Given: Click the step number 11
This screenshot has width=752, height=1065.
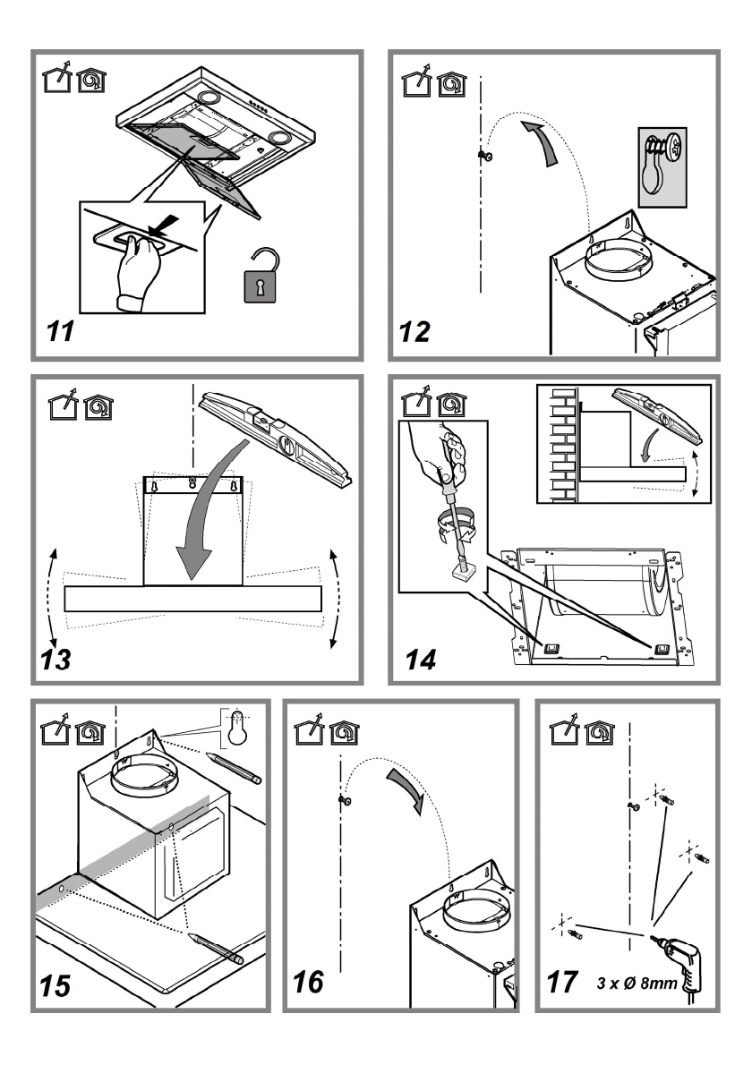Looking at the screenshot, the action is tap(60, 331).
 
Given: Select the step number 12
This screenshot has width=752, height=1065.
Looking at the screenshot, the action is tap(414, 331).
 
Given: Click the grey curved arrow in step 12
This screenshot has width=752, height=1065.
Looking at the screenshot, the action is tap(543, 141).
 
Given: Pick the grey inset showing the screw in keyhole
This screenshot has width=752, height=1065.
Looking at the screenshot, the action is tap(662, 167).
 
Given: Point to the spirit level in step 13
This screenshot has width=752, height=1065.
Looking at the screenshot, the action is tap(275, 439).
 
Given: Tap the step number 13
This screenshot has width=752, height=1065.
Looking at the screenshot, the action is tap(56, 659).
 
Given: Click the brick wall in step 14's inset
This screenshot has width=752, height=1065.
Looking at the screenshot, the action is tap(563, 444).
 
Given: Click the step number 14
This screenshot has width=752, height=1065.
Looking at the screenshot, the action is tap(421, 659).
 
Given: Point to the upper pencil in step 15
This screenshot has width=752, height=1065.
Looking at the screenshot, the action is tap(233, 768).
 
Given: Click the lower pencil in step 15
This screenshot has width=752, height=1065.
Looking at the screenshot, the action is tap(216, 948).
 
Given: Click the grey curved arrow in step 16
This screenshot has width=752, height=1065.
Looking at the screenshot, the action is tap(406, 790).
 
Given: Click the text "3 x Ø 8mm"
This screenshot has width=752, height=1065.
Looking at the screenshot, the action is tap(637, 982).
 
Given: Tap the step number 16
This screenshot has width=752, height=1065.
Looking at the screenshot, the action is tap(308, 982).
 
